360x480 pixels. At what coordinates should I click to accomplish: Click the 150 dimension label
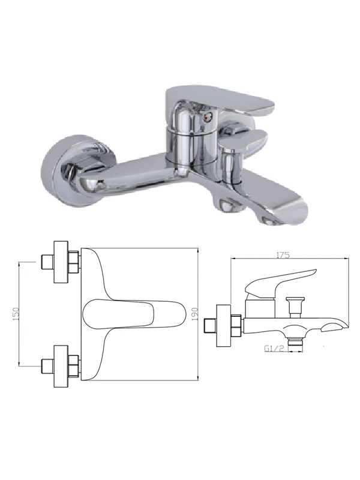click(x=16, y=313)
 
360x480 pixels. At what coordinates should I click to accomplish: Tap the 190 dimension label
click(x=196, y=314)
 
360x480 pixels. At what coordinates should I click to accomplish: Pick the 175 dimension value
click(x=283, y=254)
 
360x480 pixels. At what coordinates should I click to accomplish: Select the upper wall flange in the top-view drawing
click(x=61, y=262)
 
